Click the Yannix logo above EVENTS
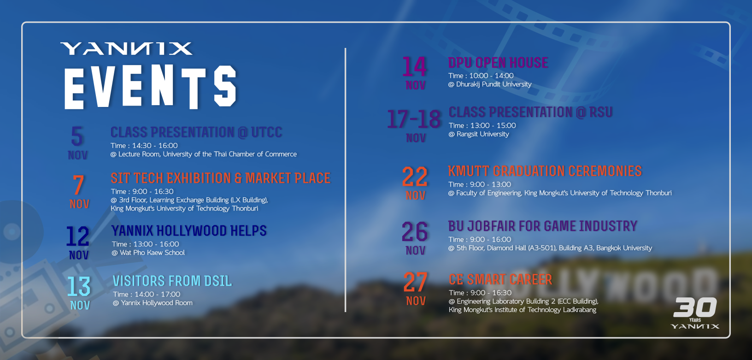[x=126, y=48]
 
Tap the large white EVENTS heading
[x=151, y=87]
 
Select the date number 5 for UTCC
[x=77, y=136]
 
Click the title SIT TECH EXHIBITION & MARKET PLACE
[x=221, y=178]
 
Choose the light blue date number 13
[x=79, y=286]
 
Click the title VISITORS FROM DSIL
[x=172, y=281]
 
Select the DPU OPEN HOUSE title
[x=498, y=63]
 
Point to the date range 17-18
[x=414, y=119]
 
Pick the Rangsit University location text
[x=482, y=134]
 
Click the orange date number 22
[x=415, y=177]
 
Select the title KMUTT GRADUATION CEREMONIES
[x=545, y=171]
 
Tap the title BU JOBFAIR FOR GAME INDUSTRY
[x=542, y=226]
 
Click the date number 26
[x=415, y=232]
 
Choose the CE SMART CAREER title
[x=500, y=279]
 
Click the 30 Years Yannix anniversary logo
[x=695, y=313]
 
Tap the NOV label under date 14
[x=416, y=86]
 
